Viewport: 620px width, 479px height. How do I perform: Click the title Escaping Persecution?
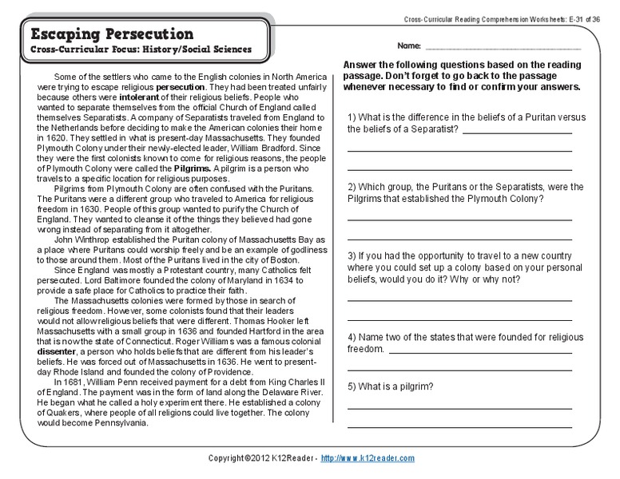pyautogui.click(x=111, y=34)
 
